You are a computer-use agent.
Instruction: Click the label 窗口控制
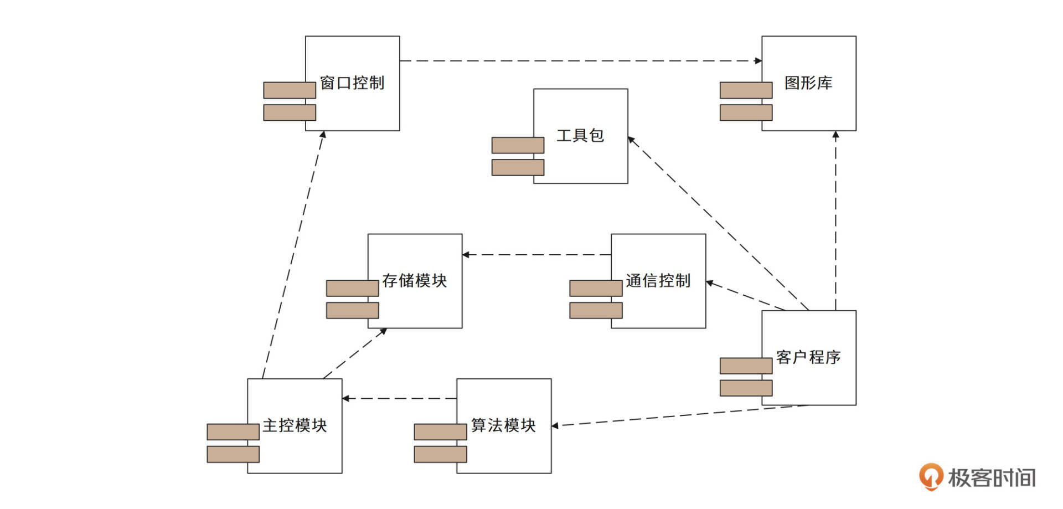point(352,83)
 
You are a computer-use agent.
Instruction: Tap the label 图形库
point(808,83)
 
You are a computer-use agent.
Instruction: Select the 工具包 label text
point(580,136)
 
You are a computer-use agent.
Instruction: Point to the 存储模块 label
point(414,281)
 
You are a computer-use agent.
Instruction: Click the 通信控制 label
point(658,281)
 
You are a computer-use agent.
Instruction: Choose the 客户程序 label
point(808,357)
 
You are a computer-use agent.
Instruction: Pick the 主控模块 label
point(295,425)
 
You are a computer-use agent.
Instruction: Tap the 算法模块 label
point(503,425)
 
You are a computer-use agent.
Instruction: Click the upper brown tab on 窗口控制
point(290,90)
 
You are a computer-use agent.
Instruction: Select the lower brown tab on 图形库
point(746,112)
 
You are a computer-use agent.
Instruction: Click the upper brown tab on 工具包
point(518,145)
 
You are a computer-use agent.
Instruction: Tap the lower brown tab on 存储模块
point(352,310)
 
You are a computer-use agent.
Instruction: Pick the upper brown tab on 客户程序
point(746,366)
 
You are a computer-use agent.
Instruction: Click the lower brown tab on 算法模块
point(440,454)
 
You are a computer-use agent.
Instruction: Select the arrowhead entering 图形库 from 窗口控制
point(758,61)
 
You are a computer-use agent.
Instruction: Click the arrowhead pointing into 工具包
point(631,140)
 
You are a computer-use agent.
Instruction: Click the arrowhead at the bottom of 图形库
point(835,135)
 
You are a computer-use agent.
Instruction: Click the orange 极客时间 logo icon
point(931,476)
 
